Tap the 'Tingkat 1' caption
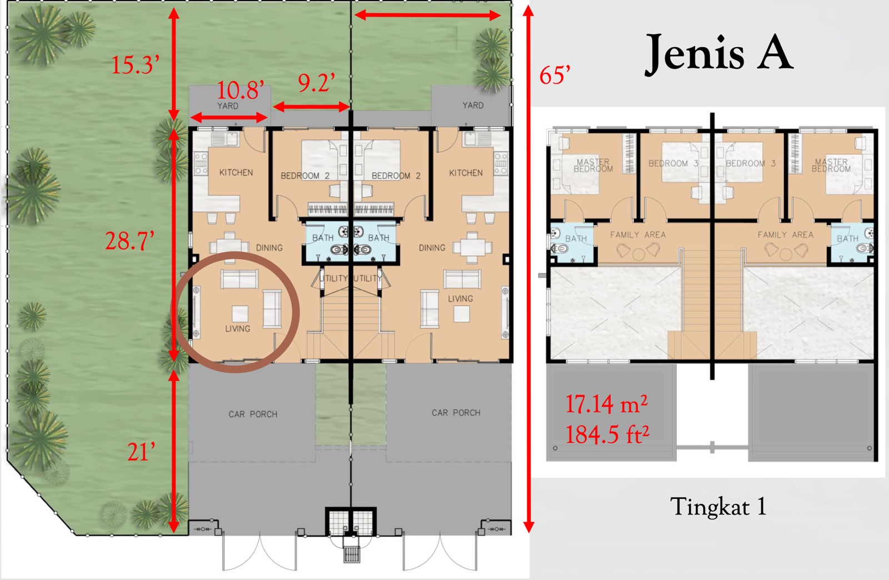[x=718, y=507]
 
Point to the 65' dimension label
[x=555, y=74]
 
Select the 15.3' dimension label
[x=136, y=64]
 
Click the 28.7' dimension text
[x=129, y=241]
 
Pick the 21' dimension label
[x=141, y=452]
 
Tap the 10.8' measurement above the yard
[x=241, y=90]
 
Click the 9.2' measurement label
[x=316, y=83]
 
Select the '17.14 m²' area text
[x=606, y=404]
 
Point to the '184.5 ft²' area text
[x=607, y=434]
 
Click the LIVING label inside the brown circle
[x=237, y=328]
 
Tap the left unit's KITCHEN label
[x=236, y=173]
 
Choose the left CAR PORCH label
[x=253, y=414]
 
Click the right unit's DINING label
[x=432, y=248]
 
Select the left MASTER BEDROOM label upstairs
[x=593, y=166]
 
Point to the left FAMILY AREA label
[x=638, y=235]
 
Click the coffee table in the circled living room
[x=240, y=313]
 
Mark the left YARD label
[x=228, y=106]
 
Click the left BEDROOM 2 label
[x=305, y=176]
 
